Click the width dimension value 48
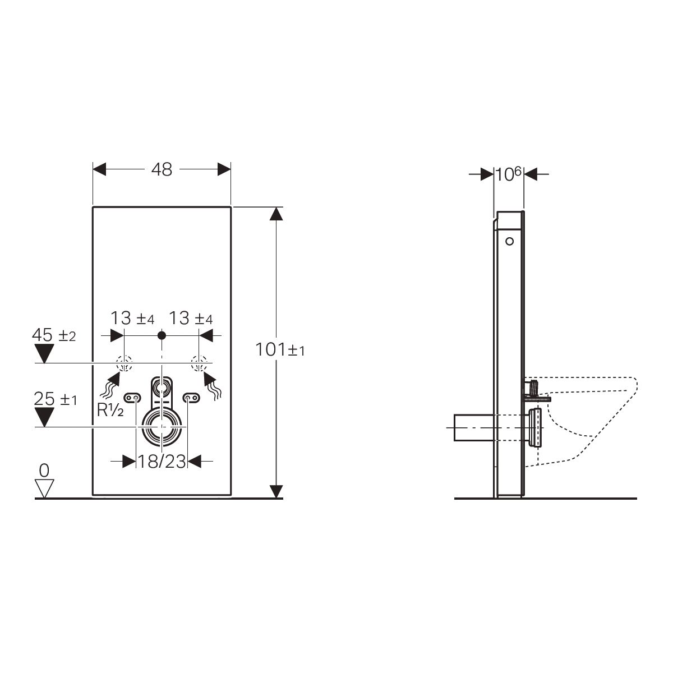pyautogui.click(x=162, y=170)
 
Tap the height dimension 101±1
pyautogui.click(x=280, y=349)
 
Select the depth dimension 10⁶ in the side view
pyautogui.click(x=508, y=174)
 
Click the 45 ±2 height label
pyautogui.click(x=54, y=335)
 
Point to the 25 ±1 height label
pyautogui.click(x=55, y=399)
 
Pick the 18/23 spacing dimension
pyautogui.click(x=162, y=462)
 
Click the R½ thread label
pyautogui.click(x=110, y=410)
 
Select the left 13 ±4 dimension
pyautogui.click(x=132, y=319)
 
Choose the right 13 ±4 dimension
pyautogui.click(x=191, y=319)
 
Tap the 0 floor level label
pyautogui.click(x=44, y=471)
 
